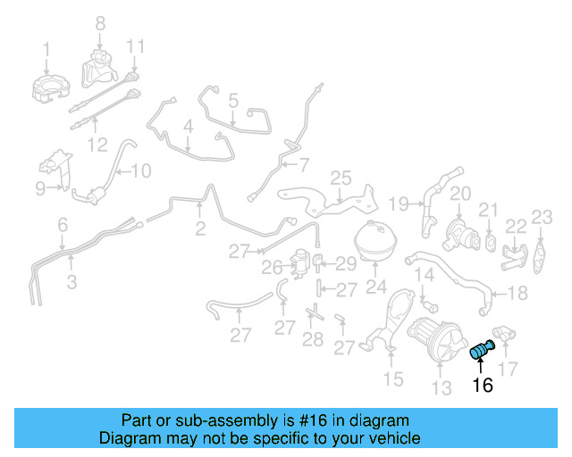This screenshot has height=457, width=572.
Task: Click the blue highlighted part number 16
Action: (x=483, y=350)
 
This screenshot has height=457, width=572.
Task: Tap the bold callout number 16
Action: (x=483, y=386)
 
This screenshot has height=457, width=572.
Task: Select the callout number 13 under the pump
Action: (x=442, y=387)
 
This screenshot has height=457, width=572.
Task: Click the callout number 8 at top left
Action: (x=100, y=22)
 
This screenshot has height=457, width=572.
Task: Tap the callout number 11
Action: (x=135, y=46)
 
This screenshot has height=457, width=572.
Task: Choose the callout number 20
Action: (x=459, y=193)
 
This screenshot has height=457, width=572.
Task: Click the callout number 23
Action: (x=543, y=217)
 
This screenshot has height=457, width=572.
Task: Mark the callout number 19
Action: (x=398, y=203)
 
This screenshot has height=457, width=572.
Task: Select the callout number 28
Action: (x=312, y=339)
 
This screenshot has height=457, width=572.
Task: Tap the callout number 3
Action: (x=71, y=283)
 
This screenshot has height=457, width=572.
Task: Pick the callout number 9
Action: (x=40, y=187)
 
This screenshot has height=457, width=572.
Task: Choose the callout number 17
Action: (x=508, y=367)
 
